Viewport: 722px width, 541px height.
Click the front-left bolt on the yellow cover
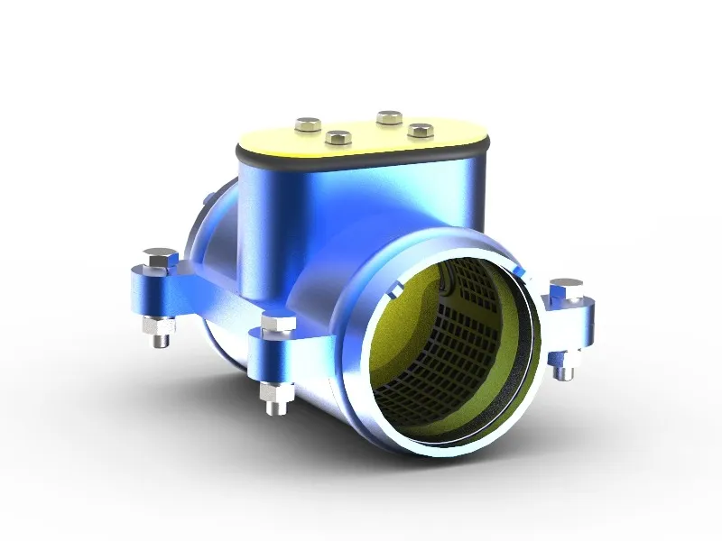pyautogui.click(x=338, y=138)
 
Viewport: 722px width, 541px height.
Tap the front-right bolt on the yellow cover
pyautogui.click(x=417, y=129)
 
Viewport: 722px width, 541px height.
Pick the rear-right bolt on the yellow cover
pyautogui.click(x=389, y=116)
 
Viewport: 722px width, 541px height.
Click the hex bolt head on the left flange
pyautogui.click(x=161, y=258)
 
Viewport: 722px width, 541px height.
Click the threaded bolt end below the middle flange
pyautogui.click(x=276, y=400)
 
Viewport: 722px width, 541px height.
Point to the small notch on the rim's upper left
pyautogui.click(x=395, y=290)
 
